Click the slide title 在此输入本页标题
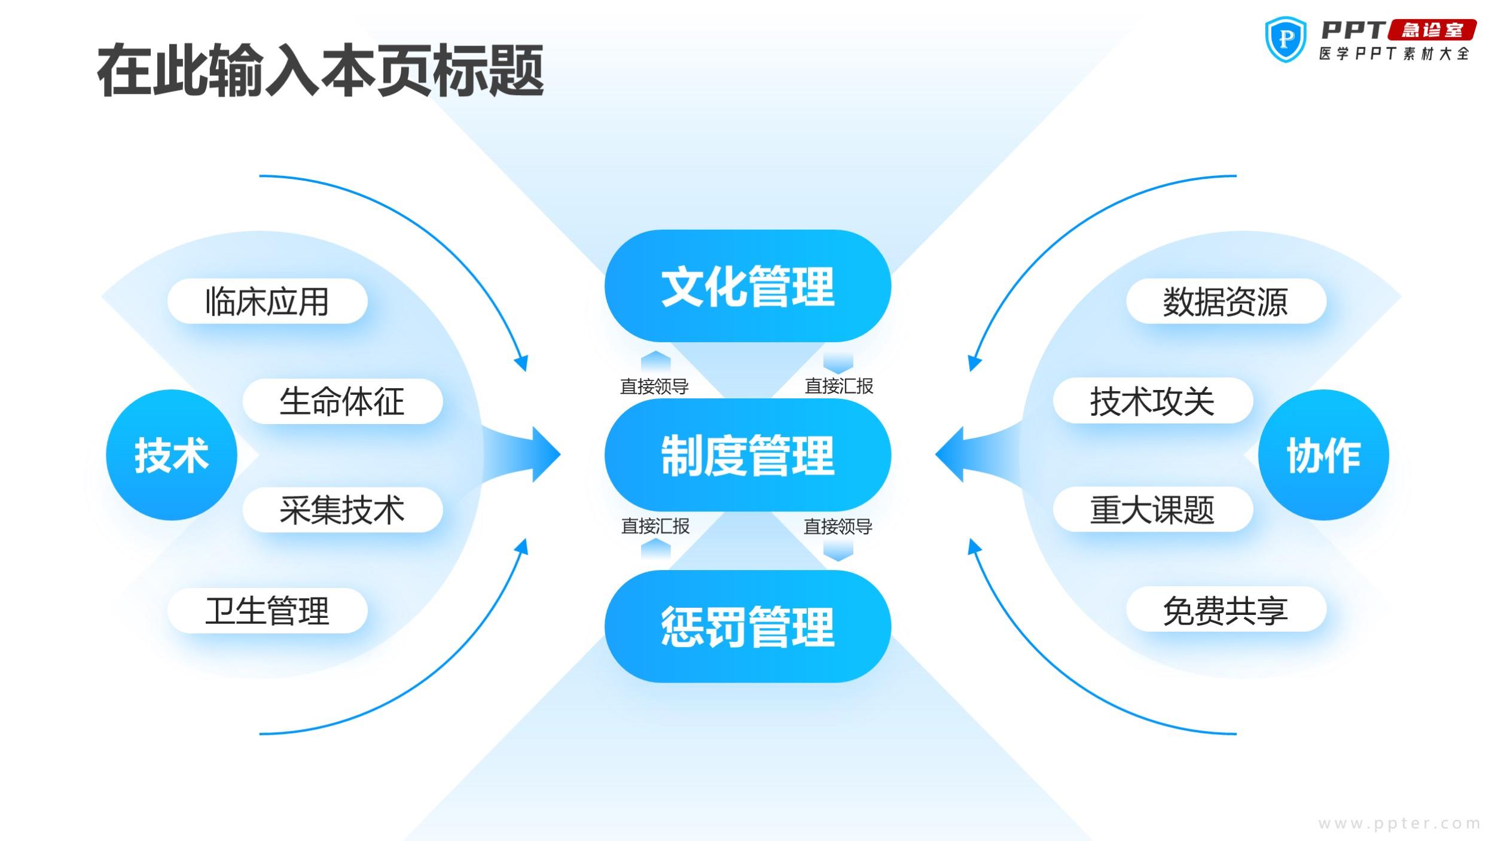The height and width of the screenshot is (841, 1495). [321, 71]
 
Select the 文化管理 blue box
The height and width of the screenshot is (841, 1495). [747, 286]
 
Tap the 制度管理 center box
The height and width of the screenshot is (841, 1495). [747, 455]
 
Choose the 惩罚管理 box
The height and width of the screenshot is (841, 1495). [747, 626]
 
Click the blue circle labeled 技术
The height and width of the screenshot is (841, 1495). [172, 455]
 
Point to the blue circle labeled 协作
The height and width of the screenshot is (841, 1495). [1323, 455]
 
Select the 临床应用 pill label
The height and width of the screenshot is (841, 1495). [267, 301]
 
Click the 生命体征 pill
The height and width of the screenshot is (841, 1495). [343, 401]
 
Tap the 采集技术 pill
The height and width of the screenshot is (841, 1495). [343, 510]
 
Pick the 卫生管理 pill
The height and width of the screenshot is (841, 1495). [267, 610]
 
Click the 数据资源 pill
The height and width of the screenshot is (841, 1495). [1226, 301]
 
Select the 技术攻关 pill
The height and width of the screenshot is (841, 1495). [1152, 401]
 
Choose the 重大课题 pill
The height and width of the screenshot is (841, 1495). [1152, 510]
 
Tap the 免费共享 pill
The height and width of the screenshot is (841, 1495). [1226, 610]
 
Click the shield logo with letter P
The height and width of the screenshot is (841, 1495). [1286, 39]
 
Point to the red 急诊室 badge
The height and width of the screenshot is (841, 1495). [1432, 30]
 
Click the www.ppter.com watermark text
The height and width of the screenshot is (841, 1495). [1399, 824]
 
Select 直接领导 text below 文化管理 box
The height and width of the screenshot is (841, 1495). [654, 386]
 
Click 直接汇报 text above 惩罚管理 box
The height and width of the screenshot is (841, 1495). [655, 526]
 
